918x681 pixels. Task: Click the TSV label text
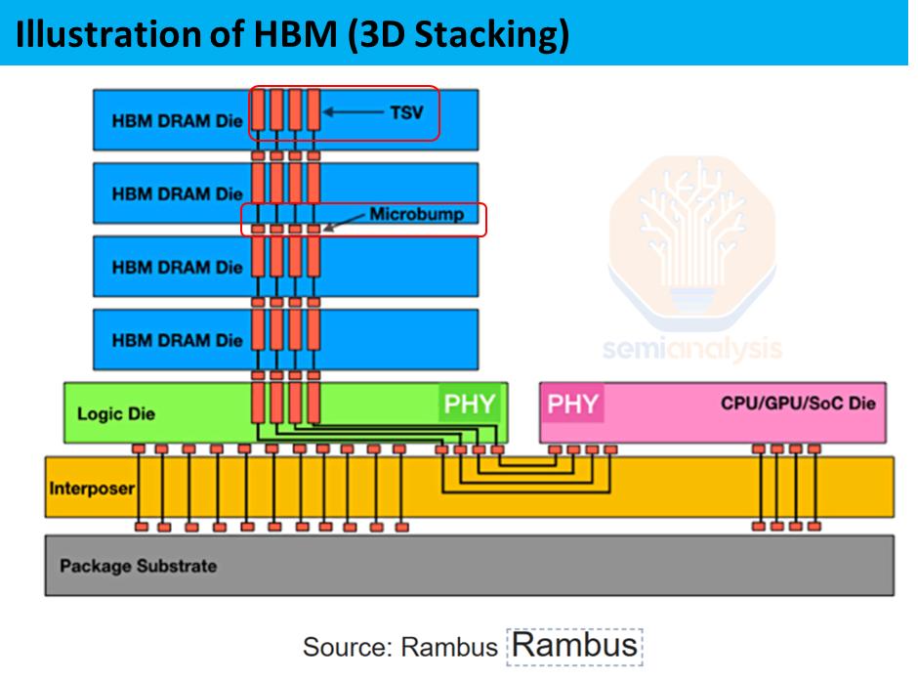406,112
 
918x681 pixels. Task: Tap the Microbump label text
417,214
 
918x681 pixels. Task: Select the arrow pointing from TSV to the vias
353,111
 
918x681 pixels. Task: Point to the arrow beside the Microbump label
344,222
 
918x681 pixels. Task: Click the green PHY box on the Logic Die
470,404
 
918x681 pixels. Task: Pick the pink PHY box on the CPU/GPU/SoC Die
572,404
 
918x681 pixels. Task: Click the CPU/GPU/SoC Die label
798,404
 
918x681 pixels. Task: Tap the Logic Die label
116,414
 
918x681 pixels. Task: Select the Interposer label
92,489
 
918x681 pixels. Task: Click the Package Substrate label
138,567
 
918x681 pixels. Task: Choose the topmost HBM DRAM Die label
177,121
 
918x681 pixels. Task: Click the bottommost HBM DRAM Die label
177,341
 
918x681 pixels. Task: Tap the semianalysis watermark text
692,350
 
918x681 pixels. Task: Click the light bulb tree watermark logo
692,241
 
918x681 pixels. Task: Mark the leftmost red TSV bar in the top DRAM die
258,109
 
